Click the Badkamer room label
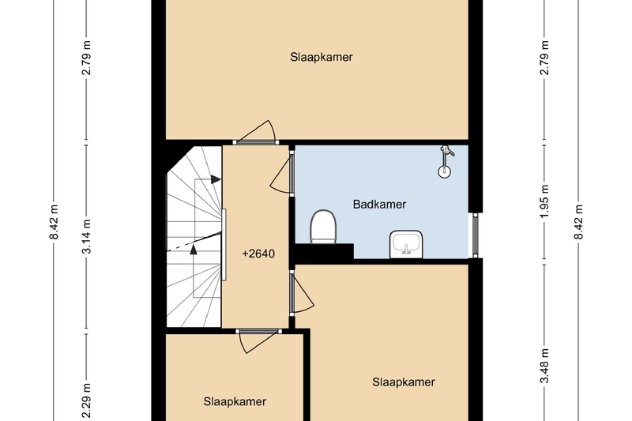(x=379, y=205)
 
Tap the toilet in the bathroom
(x=323, y=227)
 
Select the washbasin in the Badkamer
(x=406, y=244)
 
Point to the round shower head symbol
(x=444, y=171)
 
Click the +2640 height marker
(x=258, y=254)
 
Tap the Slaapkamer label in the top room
(x=322, y=57)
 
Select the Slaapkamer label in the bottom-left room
(x=235, y=402)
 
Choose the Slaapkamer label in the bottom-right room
(x=404, y=382)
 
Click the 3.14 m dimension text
(x=86, y=236)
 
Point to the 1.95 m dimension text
(x=544, y=201)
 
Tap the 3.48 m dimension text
(x=544, y=366)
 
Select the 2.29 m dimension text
(x=86, y=400)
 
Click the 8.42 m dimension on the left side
(x=54, y=222)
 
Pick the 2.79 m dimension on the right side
(x=544, y=58)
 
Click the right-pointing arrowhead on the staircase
(x=216, y=179)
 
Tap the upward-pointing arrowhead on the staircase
(x=194, y=250)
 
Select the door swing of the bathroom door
(x=280, y=174)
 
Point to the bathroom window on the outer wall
(x=476, y=235)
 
